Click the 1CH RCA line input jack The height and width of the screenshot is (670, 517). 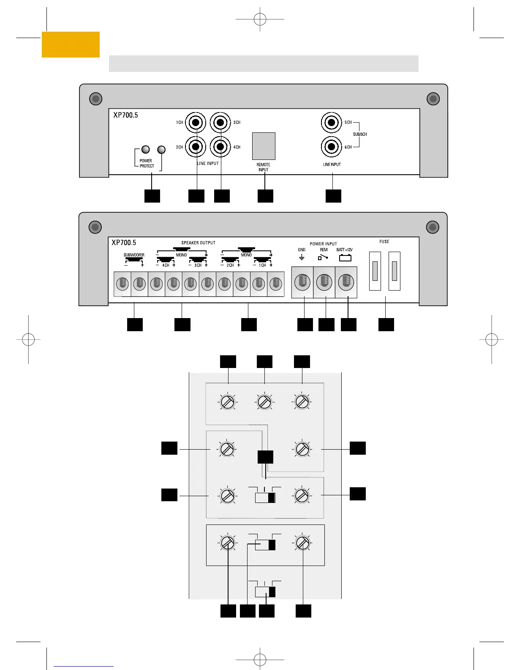(196, 123)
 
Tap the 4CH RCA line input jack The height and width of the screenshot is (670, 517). (220, 147)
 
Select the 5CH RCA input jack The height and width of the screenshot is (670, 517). (332, 123)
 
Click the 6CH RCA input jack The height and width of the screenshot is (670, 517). (332, 147)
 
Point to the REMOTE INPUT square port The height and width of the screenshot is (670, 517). (264, 146)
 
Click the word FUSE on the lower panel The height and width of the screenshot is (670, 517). (384, 242)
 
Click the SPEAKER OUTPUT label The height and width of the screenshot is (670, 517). (198, 243)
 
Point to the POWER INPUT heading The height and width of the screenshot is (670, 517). (323, 244)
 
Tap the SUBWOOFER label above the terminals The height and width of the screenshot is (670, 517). (134, 255)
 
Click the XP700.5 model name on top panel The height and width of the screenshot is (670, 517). (125, 115)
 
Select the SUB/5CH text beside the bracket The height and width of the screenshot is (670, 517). (360, 135)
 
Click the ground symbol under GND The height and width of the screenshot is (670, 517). (302, 257)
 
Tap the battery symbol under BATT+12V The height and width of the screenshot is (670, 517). (345, 258)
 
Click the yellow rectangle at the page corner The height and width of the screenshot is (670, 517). (71, 44)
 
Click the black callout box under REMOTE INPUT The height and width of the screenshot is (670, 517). (265, 196)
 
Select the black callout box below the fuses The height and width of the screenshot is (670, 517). (386, 324)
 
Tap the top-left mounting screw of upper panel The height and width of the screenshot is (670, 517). (96, 99)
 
